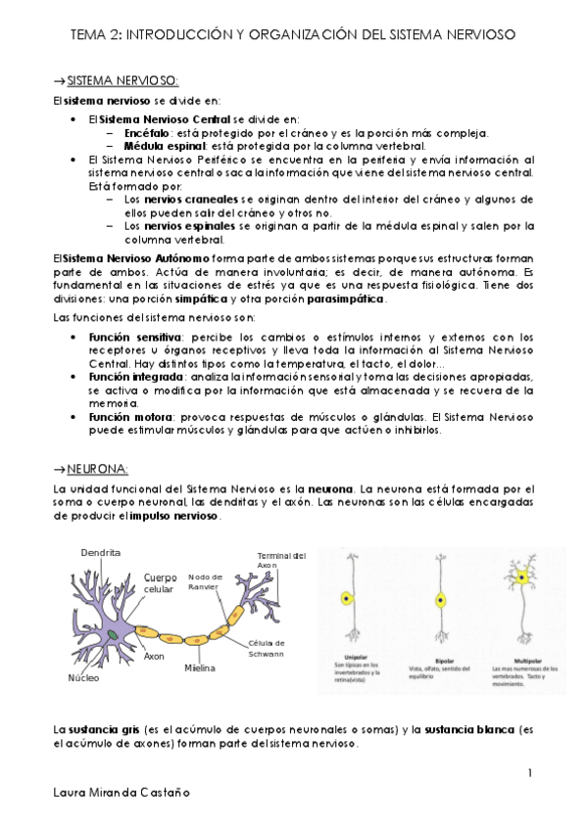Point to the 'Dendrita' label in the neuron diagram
tap(101, 553)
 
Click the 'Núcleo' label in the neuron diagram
tap(84, 677)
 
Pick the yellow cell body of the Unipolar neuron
tap(346, 598)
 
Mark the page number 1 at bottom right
tap(529, 773)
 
